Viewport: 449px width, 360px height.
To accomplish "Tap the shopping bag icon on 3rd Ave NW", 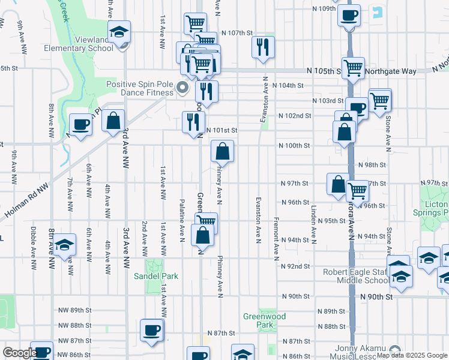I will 113,120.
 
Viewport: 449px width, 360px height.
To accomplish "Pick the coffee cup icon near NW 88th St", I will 151,329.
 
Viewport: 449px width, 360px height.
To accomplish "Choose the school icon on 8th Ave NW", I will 64,245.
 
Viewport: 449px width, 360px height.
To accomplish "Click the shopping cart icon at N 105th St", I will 353,68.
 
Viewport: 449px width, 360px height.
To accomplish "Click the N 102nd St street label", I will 294,115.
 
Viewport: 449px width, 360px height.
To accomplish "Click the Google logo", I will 20,353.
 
